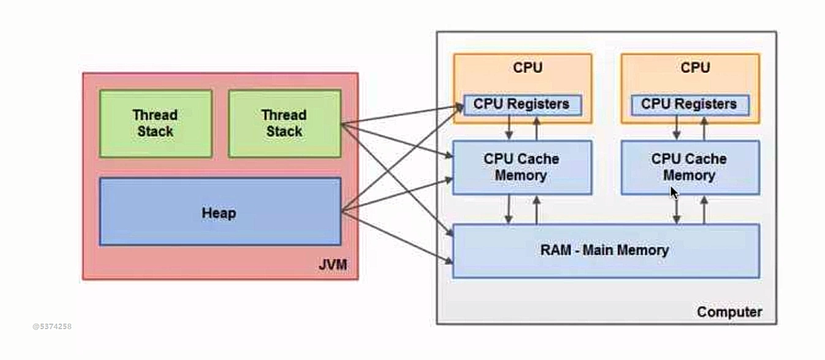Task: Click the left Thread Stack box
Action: pos(155,123)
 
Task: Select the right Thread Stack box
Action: pos(284,123)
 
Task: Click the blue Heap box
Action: pos(220,213)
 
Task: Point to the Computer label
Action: pos(729,312)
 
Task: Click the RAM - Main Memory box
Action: pos(605,250)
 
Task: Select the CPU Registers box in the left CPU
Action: pos(522,104)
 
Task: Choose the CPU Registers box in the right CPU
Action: pos(689,104)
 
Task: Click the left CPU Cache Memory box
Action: pos(522,167)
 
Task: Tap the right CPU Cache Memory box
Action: pos(689,167)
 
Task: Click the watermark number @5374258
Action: pos(52,326)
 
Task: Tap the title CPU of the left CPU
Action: pos(527,68)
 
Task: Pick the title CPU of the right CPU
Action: pos(695,68)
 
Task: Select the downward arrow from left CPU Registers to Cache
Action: pos(510,127)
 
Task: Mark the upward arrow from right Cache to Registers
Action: pos(704,127)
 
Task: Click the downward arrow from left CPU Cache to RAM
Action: pos(510,209)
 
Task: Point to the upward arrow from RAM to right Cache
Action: pos(704,209)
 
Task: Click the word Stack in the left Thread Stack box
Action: pos(155,131)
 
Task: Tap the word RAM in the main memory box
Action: pos(554,250)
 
